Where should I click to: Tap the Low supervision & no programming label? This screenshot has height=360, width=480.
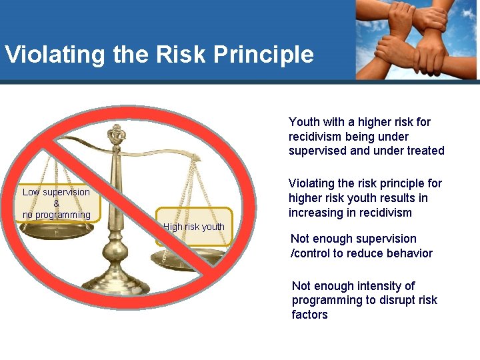pyautogui.click(x=56, y=203)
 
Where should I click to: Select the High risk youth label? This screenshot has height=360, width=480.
pyautogui.click(x=194, y=227)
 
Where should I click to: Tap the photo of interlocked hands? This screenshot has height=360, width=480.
pyautogui.click(x=416, y=40)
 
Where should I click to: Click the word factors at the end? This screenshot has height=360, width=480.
pyautogui.click(x=310, y=315)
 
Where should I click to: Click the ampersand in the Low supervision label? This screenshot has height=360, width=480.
pyautogui.click(x=56, y=203)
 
